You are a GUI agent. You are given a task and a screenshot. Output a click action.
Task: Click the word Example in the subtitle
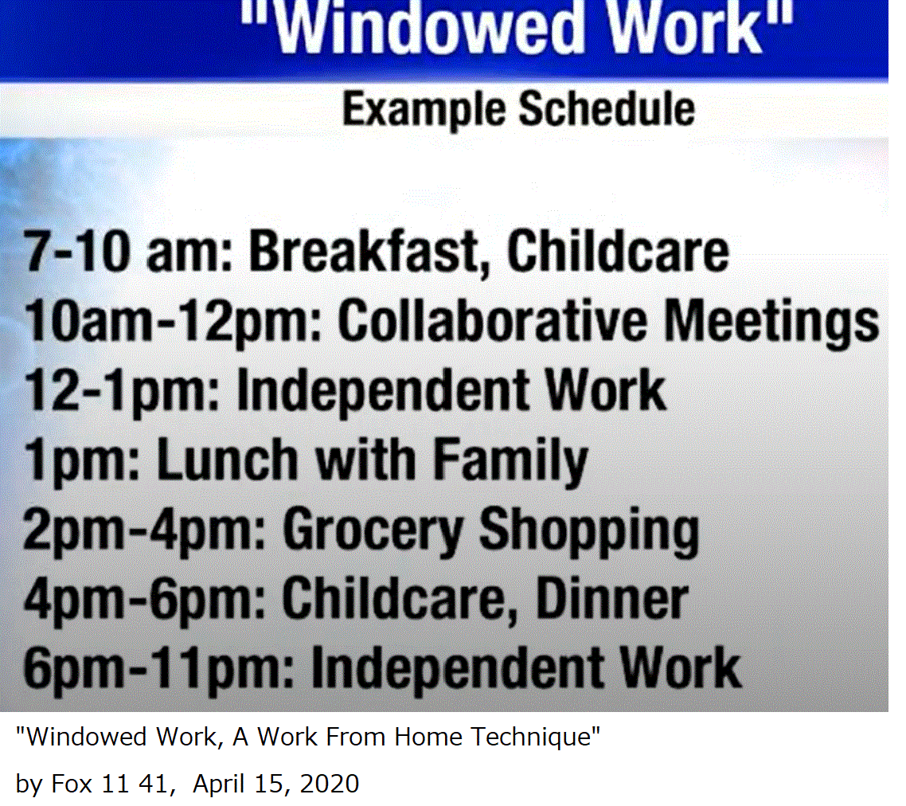424,109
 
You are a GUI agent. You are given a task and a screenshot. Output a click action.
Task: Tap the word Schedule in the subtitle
607,108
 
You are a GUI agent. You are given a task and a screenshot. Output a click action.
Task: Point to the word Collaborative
492,320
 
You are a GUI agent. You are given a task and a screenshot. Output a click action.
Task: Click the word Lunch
228,459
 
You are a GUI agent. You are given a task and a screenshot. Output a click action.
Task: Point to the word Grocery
373,531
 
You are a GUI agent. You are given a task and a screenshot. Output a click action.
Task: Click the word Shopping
589,531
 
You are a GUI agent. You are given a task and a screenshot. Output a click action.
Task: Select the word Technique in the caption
535,738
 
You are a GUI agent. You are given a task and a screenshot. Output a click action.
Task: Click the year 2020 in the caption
330,784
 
